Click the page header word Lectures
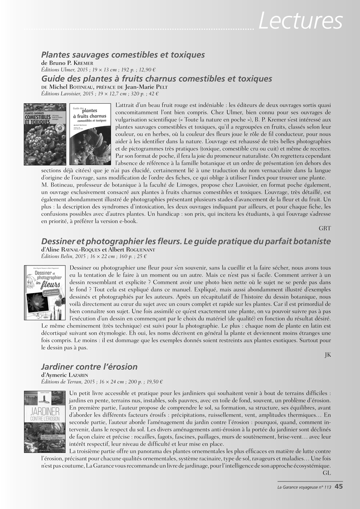coord(301,21)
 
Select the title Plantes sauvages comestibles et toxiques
coord(123,55)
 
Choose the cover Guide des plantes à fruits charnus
coord(89,135)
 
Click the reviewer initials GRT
coord(324,228)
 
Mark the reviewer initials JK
coord(327,355)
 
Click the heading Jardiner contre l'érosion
coord(89,366)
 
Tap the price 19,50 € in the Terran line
coord(152,381)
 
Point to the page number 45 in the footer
coord(339,487)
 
